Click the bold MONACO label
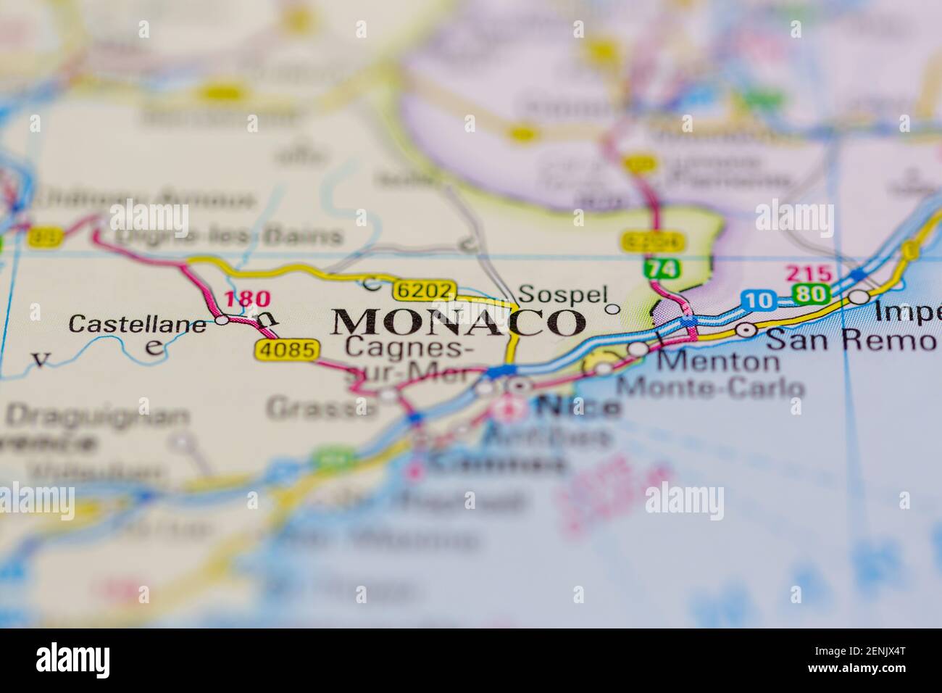(458, 322)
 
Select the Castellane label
(137, 324)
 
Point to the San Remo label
(850, 338)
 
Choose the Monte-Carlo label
(709, 387)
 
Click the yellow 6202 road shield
(425, 291)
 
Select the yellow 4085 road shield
(287, 350)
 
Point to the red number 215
(808, 274)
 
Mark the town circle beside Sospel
(612, 310)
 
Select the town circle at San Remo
(746, 330)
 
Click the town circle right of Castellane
(222, 320)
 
